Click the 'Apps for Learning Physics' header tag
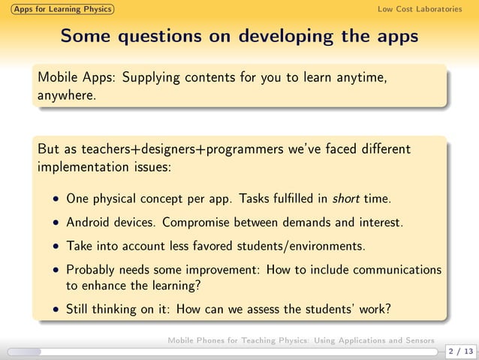point(57,9)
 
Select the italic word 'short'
point(346,200)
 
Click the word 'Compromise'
point(199,222)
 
